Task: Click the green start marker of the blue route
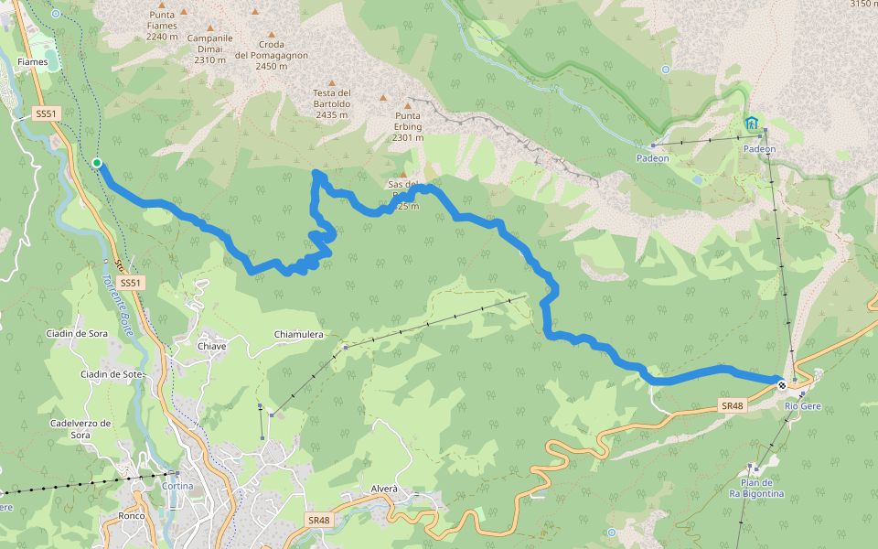click(97, 164)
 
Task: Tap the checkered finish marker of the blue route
click(782, 385)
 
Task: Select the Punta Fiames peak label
click(161, 25)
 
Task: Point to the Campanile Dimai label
click(209, 48)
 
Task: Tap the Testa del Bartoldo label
click(331, 103)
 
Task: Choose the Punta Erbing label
click(408, 126)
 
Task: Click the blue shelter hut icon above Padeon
click(752, 124)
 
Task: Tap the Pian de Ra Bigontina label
click(756, 488)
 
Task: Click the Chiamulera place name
click(299, 335)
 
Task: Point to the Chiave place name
click(211, 346)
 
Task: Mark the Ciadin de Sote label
click(112, 374)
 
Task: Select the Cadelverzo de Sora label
click(80, 429)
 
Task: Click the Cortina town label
click(177, 486)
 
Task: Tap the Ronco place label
click(132, 516)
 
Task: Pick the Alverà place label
click(384, 489)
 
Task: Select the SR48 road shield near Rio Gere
click(733, 405)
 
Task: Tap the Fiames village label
click(32, 62)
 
